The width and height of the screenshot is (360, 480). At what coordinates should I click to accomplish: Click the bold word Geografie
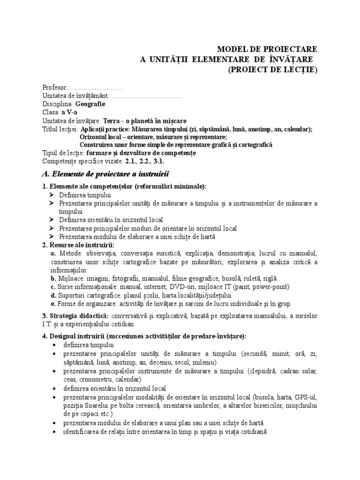(x=90, y=104)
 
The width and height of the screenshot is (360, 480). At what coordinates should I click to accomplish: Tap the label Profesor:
(x=55, y=88)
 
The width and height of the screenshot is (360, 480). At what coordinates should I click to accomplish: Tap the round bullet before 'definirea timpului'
(x=54, y=345)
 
